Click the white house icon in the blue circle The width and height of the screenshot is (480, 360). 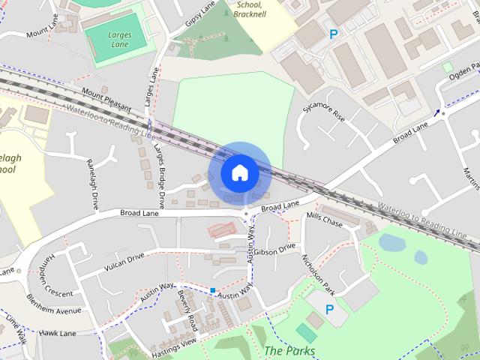coord(239,172)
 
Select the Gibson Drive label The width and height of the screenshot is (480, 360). coord(275,250)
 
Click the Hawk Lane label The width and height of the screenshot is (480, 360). coord(58,332)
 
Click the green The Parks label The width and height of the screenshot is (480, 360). coord(289,351)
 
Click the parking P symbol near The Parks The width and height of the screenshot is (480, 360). coord(329,309)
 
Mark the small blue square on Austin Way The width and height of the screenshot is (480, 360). coord(213,290)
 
